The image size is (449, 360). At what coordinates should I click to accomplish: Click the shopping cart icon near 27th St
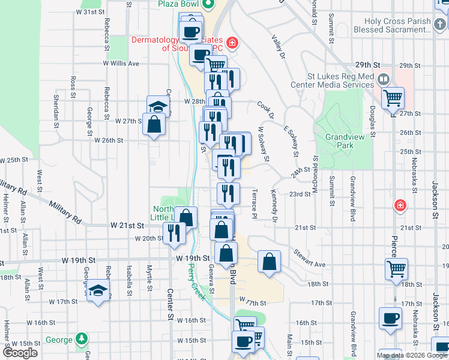393,97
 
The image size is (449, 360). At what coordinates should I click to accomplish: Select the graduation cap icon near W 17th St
98,292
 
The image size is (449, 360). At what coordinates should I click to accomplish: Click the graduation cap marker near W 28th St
158,106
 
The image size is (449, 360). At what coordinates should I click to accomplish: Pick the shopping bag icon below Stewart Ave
270,261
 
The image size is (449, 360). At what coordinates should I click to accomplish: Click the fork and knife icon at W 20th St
174,232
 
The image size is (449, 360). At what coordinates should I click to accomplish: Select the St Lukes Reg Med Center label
340,81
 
